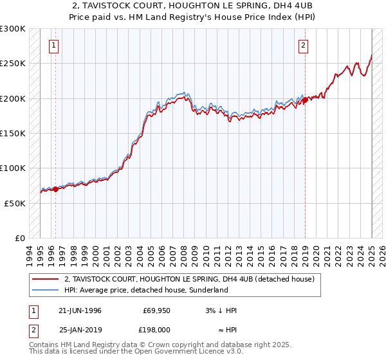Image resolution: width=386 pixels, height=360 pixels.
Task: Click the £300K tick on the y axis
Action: click(13, 29)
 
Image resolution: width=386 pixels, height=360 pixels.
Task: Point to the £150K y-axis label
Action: click(13, 133)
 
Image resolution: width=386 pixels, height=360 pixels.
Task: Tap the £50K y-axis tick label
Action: click(15, 203)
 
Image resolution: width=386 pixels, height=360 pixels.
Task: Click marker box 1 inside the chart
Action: click(53, 45)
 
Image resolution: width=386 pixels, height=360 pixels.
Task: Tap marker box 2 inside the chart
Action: click(303, 45)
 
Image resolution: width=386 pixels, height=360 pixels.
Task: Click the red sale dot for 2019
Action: click(305, 100)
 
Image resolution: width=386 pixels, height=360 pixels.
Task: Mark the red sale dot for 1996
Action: click(55, 189)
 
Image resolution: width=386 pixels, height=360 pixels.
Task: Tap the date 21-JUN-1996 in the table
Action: click(79, 310)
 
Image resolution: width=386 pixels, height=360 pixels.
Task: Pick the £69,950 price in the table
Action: click(156, 310)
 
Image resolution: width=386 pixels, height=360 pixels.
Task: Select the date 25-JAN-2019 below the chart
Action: click(79, 329)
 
